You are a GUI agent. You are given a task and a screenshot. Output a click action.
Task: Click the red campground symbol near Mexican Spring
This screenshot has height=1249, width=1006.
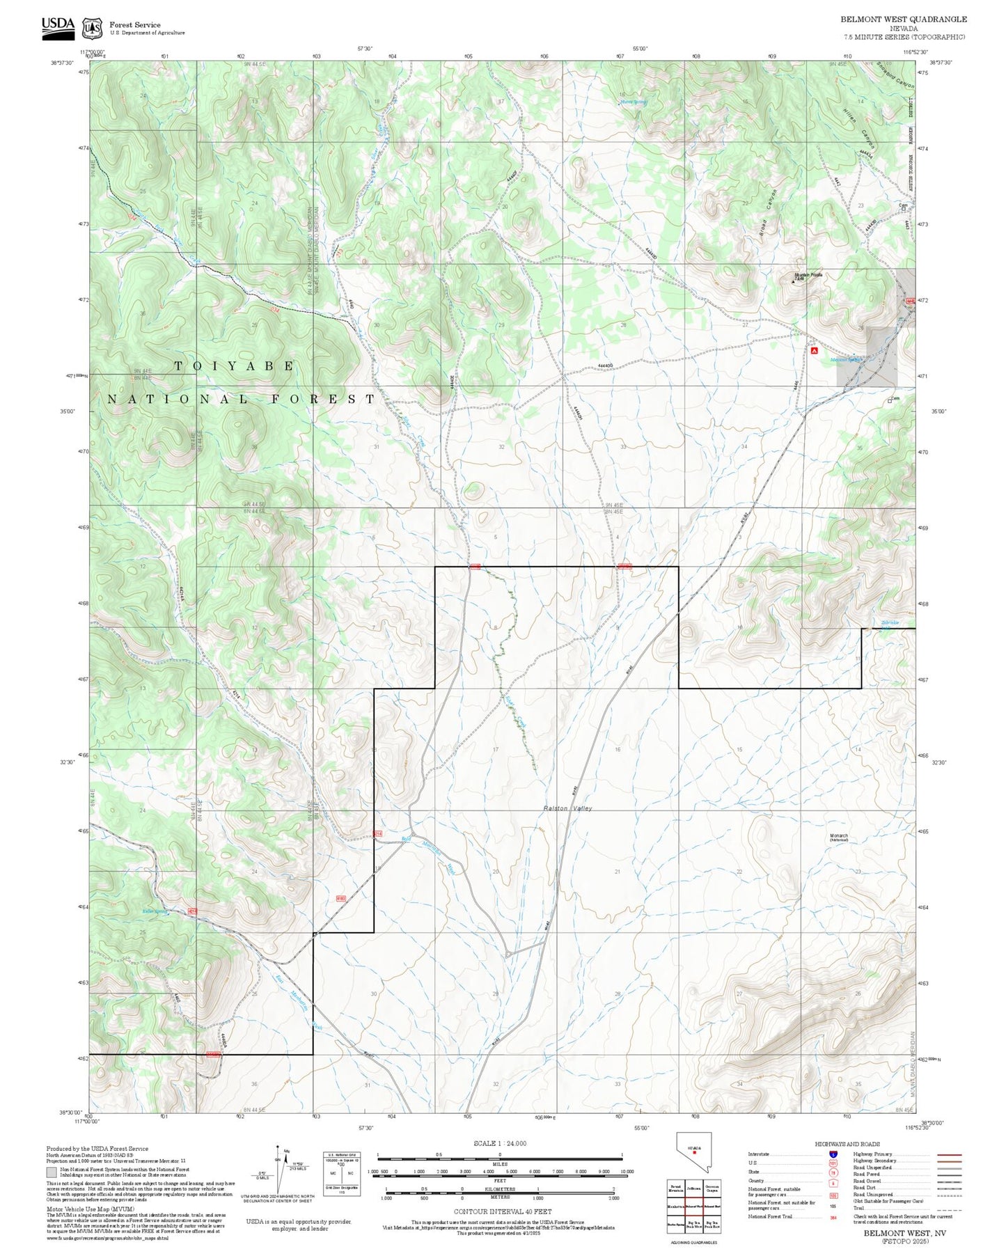tap(815, 351)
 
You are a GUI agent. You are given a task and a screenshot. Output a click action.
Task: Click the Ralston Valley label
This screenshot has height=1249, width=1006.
tap(567, 808)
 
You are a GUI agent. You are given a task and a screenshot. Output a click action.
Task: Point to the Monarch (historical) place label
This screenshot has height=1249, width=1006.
tap(838, 838)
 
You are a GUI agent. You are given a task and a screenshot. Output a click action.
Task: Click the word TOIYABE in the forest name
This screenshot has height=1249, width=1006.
tap(235, 366)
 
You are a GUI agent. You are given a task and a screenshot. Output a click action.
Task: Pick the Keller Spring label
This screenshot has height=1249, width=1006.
tap(155, 911)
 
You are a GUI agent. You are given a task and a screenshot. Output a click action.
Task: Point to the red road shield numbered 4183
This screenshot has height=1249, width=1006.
tap(340, 898)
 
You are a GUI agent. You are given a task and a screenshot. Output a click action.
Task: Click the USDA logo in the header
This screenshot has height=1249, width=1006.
tap(58, 25)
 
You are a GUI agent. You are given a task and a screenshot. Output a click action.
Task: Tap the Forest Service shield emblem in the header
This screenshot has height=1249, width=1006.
tap(92, 29)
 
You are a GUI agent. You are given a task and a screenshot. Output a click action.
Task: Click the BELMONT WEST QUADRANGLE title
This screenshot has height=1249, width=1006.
tap(903, 19)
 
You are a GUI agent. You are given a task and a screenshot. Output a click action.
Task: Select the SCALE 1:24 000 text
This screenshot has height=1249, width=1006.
tap(499, 1143)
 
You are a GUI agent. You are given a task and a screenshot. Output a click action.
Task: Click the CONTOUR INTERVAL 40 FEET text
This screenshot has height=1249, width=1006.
tap(502, 1211)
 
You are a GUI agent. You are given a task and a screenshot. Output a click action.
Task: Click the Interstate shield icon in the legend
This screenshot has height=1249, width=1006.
tap(833, 1154)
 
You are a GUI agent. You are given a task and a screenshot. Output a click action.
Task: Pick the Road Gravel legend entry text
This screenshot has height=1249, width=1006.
tap(867, 1181)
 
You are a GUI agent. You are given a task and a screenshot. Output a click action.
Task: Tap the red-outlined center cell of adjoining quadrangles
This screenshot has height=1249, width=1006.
tap(693, 1207)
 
